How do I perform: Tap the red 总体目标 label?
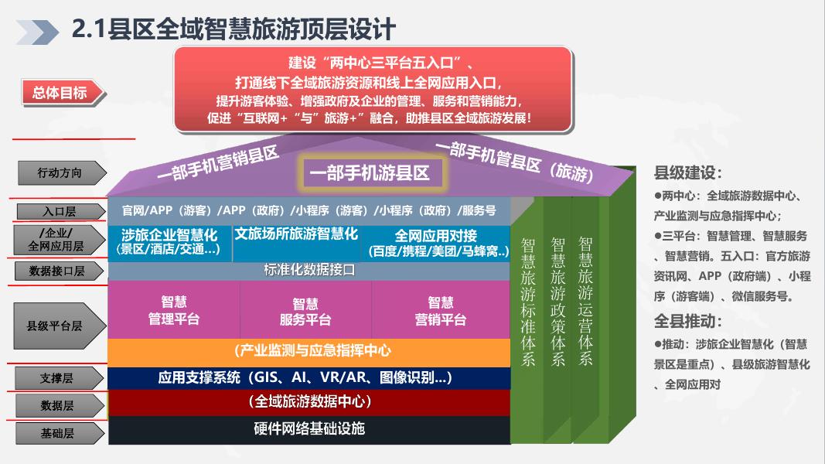coord(60,94)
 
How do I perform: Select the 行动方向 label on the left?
coord(60,173)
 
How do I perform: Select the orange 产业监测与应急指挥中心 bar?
coord(309,352)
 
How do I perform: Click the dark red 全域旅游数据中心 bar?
coord(309,402)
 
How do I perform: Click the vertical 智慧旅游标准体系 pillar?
coord(528,302)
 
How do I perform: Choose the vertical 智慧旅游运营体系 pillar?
coord(585,302)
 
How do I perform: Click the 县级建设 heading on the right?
coord(687,173)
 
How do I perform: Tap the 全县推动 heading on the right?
coord(687,321)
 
